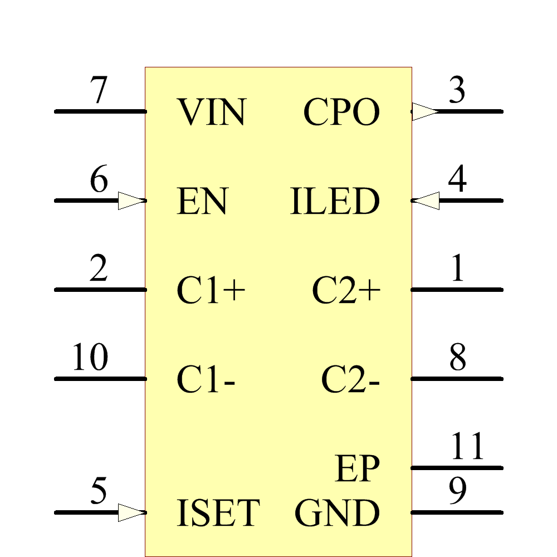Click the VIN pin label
[x=212, y=112]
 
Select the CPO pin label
[x=341, y=112]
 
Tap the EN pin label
[x=202, y=201]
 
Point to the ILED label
[x=335, y=201]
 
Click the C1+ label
[x=211, y=290]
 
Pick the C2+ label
[x=346, y=290]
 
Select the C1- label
[x=206, y=380]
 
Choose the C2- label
[x=350, y=380]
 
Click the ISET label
[x=218, y=513]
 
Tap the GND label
[x=337, y=513]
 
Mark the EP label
[x=357, y=469]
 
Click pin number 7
[x=99, y=91]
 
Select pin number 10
[x=90, y=358]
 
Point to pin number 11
[x=467, y=446]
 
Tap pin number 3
[x=457, y=91]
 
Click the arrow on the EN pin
[x=131, y=201]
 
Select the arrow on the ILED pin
[x=426, y=201]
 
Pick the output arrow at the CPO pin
[x=425, y=111]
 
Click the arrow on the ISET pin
[x=131, y=512]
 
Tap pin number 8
[x=457, y=358]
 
